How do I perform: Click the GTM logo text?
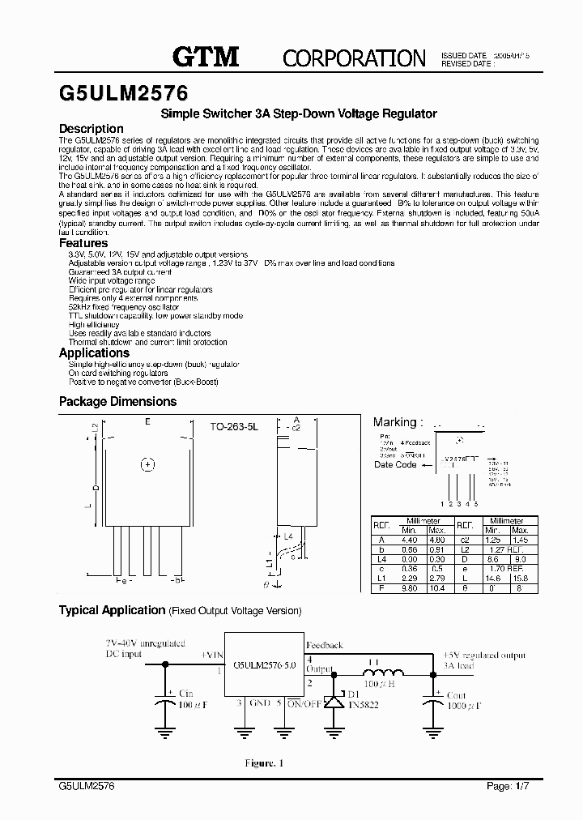tap(206, 56)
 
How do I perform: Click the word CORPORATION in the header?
tap(353, 58)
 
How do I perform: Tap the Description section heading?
tap(91, 129)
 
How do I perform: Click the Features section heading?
tap(83, 243)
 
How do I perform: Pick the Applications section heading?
tap(94, 352)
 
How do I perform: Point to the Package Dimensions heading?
tap(117, 401)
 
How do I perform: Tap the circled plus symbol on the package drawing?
tap(147, 464)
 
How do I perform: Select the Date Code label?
tap(395, 465)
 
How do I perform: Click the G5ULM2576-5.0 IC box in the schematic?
tap(264, 665)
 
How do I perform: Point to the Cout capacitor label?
tap(457, 694)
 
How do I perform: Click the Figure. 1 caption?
tap(265, 763)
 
